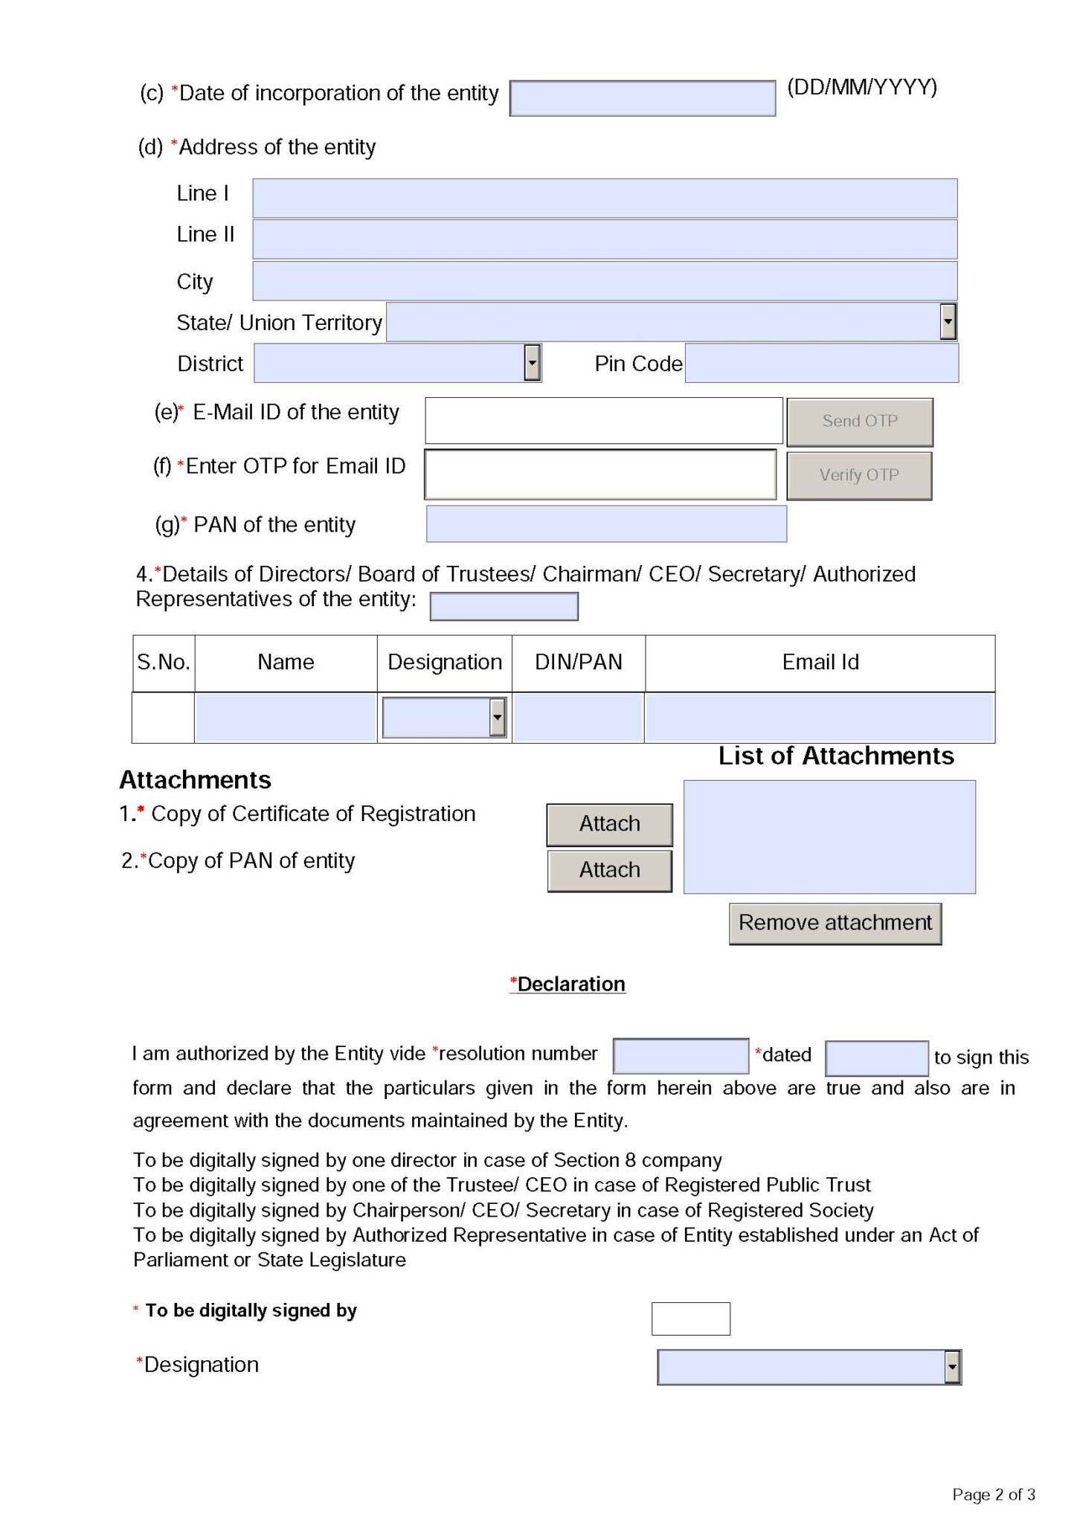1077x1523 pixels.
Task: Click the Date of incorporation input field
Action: tap(642, 98)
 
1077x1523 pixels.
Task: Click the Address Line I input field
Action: tap(604, 198)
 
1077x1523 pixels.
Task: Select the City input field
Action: tap(604, 280)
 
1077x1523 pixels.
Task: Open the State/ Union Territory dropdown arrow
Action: tap(947, 322)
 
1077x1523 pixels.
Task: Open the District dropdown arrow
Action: tap(531, 363)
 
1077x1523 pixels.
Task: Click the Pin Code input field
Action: tap(821, 363)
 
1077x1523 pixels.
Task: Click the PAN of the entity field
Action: tap(605, 524)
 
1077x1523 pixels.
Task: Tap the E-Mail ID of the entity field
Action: tap(603, 420)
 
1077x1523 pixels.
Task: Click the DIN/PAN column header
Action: tap(578, 662)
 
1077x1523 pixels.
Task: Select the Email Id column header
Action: tap(820, 662)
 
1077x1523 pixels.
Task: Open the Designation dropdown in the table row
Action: tap(497, 718)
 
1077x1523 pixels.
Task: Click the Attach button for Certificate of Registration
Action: tap(609, 824)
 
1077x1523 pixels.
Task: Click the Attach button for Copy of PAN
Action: tap(609, 870)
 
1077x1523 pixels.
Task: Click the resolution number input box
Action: tap(680, 1056)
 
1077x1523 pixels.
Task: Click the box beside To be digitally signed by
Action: tap(690, 1318)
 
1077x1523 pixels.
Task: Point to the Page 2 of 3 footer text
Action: tap(993, 1494)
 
